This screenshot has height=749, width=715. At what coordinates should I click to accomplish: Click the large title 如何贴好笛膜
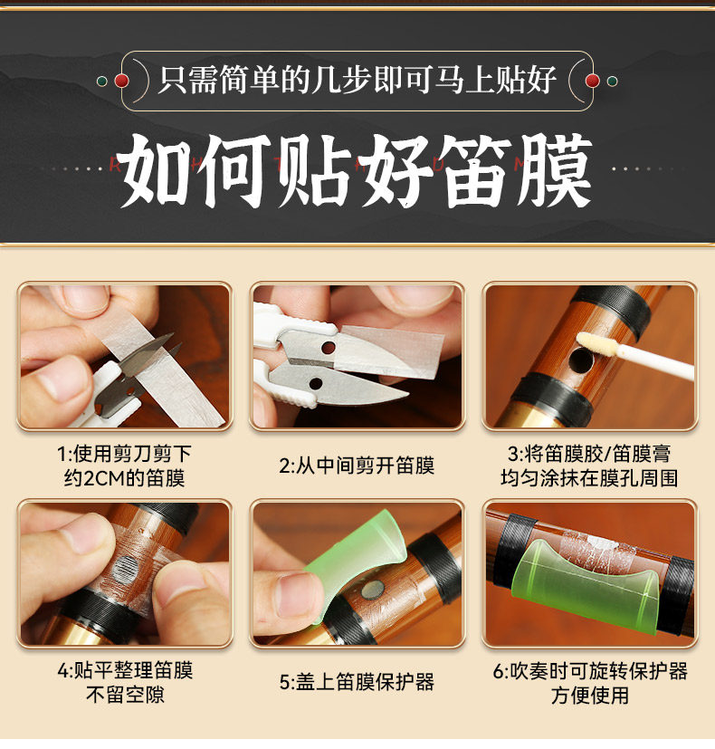coord(356,170)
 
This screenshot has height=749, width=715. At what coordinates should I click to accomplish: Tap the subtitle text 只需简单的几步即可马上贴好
coord(357,80)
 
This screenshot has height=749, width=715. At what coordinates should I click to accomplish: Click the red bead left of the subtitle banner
coord(121,81)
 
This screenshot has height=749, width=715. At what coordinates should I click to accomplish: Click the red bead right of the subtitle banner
coord(592,81)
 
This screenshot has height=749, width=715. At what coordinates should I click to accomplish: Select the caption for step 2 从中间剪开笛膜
coord(357,466)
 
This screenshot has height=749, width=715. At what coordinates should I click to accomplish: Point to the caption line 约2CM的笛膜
coord(124,477)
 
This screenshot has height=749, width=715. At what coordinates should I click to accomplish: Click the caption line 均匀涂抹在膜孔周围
coord(589,477)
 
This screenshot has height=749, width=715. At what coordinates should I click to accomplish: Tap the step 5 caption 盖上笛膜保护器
coord(357,682)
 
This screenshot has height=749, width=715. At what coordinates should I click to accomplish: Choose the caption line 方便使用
coord(590,695)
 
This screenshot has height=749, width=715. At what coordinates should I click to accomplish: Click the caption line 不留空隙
coord(125,694)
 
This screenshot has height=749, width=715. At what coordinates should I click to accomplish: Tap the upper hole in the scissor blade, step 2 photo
coord(329,347)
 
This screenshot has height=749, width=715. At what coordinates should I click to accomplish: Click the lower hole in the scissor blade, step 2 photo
coord(316,383)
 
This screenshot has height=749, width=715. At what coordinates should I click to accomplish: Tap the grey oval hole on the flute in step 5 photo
coord(373,590)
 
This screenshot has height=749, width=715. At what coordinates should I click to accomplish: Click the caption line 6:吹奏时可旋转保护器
coord(590,671)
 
